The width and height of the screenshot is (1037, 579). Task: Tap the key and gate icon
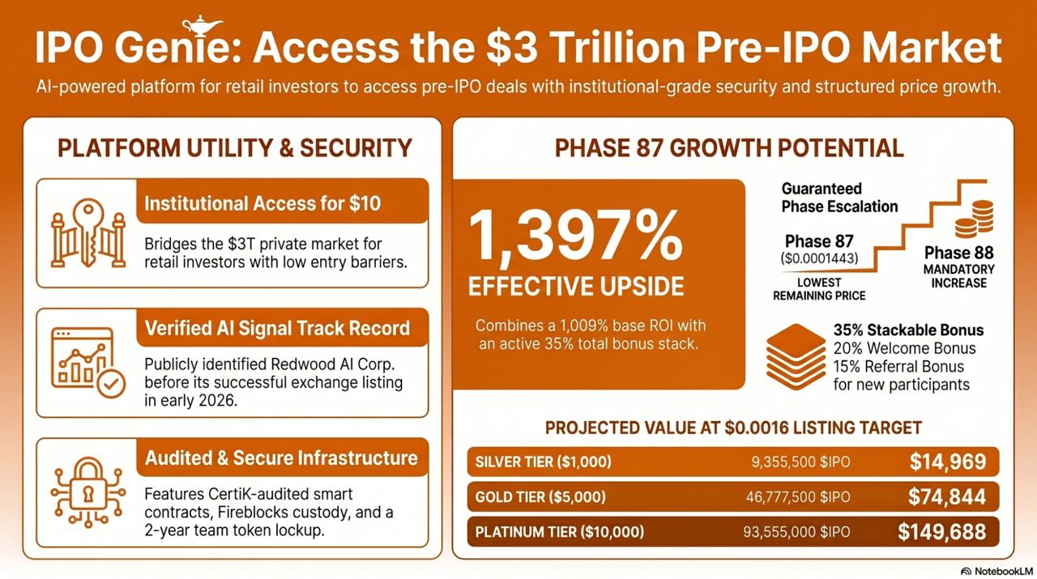coord(88,233)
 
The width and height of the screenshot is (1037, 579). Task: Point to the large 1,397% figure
coord(576,235)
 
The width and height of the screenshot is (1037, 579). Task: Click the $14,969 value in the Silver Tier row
coord(947,462)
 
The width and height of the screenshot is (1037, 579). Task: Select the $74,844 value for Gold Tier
coord(947,496)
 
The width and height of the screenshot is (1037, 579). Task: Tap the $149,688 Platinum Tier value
coord(941,531)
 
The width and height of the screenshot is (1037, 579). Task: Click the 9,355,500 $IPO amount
coord(800,462)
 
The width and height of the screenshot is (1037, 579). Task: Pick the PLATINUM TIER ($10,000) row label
coord(560,532)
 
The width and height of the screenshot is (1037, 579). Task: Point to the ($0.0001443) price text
coord(819,259)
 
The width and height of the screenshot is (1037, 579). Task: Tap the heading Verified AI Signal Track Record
coord(277,328)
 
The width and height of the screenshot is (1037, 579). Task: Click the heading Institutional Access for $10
coord(262,203)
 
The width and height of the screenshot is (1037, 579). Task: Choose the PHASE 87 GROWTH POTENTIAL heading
coord(729,148)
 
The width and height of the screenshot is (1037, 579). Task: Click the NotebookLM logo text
coord(996,570)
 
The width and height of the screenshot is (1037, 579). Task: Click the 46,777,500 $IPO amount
coord(797,497)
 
